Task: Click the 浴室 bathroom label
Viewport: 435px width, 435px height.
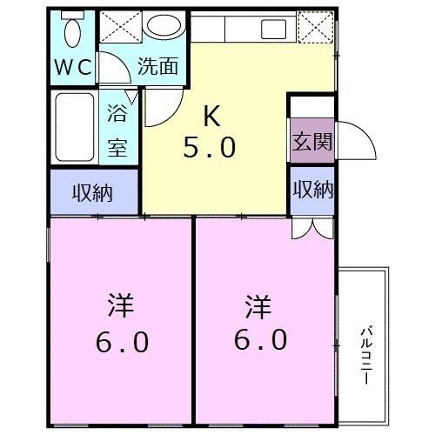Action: point(118,128)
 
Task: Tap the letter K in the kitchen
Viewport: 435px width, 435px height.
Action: point(211,115)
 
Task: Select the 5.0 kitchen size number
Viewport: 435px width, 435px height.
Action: point(209,148)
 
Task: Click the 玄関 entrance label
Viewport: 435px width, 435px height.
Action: point(310,142)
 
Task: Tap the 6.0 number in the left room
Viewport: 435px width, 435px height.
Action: point(120,341)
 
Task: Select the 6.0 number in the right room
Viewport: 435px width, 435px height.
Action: point(260,340)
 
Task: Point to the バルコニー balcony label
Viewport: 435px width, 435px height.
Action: point(366,353)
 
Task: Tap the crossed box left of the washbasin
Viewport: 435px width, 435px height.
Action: point(119,27)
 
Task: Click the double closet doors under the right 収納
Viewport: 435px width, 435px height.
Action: point(312,225)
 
